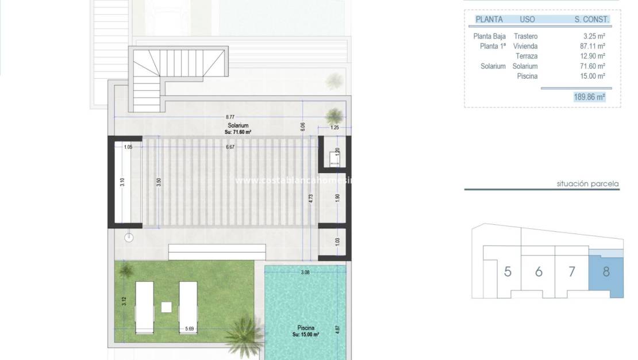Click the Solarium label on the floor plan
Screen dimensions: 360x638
tap(237, 125)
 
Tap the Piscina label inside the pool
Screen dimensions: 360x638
tap(305, 328)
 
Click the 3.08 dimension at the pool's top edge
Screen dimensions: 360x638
tap(305, 273)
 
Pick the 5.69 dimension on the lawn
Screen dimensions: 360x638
tap(189, 329)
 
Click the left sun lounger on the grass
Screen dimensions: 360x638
tap(144, 307)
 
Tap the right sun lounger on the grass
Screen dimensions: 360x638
tap(188, 307)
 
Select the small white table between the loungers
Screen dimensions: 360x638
tap(166, 307)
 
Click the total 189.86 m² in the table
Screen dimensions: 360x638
tap(589, 97)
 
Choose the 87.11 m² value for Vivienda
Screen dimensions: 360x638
tap(593, 46)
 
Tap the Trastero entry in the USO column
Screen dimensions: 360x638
tap(525, 36)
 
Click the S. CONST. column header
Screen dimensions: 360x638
tap(591, 19)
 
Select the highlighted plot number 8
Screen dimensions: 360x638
tap(606, 271)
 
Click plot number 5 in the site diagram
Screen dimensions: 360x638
tap(508, 271)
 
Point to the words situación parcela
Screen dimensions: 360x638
tap(587, 184)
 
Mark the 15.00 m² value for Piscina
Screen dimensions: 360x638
tap(593, 76)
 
